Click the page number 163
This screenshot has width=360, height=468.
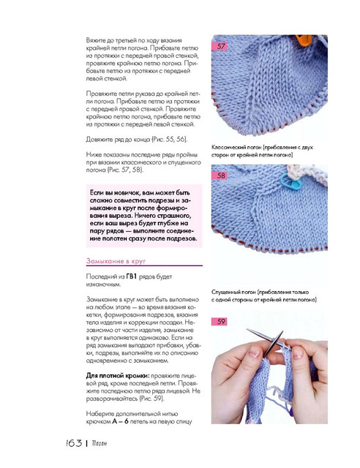tap(73, 443)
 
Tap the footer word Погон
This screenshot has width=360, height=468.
tap(100, 444)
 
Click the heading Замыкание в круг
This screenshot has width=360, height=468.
tap(116, 261)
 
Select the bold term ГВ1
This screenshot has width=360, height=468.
tap(131, 276)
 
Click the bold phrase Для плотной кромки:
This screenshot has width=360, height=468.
tap(118, 375)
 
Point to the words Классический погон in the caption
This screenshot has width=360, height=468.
tap(236, 147)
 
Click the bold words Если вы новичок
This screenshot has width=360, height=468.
tap(114, 192)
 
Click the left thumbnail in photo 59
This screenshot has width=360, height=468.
tap(254, 352)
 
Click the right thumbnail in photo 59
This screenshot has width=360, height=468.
tap(298, 352)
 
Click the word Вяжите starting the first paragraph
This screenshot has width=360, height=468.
tap(96, 40)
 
